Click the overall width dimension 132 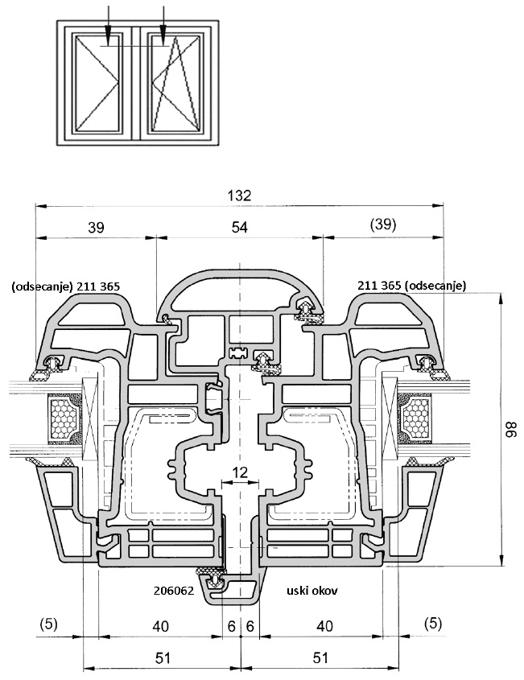click(x=240, y=195)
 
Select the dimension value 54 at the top click(x=240, y=228)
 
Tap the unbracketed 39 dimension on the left click(x=96, y=228)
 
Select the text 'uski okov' click(x=312, y=590)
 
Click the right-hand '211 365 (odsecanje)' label click(x=412, y=285)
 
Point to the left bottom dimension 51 click(x=162, y=657)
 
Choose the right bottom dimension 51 click(x=320, y=657)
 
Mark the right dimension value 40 click(x=325, y=624)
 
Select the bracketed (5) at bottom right click(x=434, y=623)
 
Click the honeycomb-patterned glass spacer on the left click(x=64, y=418)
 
